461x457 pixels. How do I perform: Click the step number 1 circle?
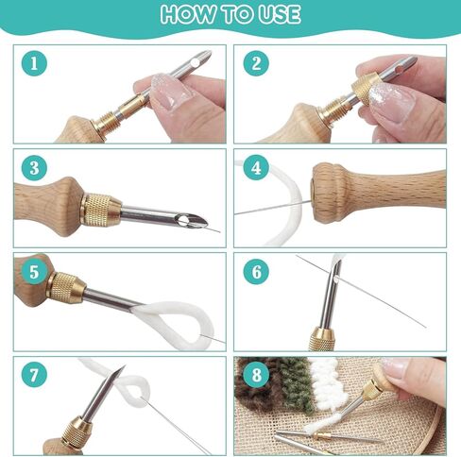(35, 64)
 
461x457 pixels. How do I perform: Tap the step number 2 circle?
(255, 64)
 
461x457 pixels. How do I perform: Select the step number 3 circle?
(35, 168)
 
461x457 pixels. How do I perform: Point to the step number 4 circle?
(255, 168)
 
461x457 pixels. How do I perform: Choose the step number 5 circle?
(35, 273)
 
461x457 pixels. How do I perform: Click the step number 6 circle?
(255, 273)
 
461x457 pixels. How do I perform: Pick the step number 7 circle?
(35, 375)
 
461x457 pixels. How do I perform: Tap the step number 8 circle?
(255, 375)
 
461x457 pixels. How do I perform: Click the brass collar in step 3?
(101, 210)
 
